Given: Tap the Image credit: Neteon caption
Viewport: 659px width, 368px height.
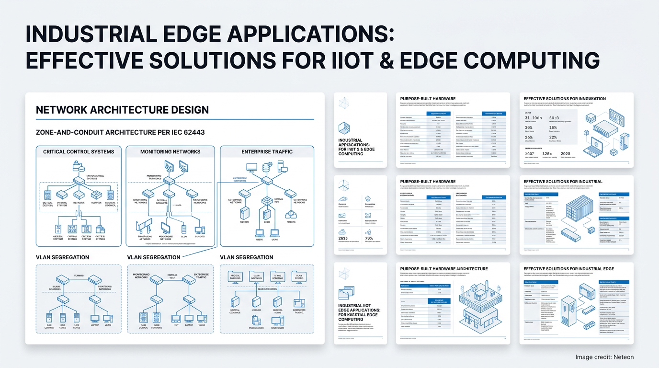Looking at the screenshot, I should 604,357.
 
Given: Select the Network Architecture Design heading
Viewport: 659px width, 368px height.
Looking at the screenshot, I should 122,110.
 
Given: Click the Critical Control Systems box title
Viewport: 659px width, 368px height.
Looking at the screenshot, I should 79,152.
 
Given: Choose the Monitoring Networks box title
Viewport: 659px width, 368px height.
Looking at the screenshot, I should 170,152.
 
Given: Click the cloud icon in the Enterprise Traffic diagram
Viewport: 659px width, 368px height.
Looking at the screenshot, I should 290,214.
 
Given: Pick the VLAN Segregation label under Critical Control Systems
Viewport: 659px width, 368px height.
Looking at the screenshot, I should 62,257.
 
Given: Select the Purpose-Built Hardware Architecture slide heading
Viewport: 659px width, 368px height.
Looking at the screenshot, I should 444,269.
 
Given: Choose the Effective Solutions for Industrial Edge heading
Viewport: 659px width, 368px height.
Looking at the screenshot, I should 568,269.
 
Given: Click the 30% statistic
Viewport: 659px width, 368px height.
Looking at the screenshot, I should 529,128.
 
